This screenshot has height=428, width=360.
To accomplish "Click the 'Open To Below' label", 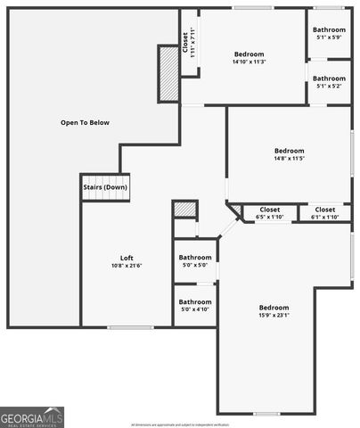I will (x=85, y=122).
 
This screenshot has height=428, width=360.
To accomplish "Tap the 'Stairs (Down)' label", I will (x=105, y=187).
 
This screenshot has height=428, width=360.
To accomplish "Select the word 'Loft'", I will (x=127, y=259).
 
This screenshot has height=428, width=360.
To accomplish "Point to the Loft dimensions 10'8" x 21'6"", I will (x=127, y=266).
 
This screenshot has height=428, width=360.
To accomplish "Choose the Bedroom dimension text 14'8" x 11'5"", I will (x=289, y=159).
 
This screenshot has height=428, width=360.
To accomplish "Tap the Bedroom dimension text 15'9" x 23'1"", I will (x=274, y=314).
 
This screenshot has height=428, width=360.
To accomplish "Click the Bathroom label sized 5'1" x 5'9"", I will (x=329, y=30).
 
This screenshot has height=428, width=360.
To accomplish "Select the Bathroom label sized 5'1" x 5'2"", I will (x=329, y=78).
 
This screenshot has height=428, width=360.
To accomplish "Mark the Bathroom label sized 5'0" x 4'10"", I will (x=194, y=302).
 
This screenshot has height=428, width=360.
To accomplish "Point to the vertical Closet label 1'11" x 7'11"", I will (x=189, y=42).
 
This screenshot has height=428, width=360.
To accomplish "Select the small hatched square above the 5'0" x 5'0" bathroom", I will (x=184, y=209).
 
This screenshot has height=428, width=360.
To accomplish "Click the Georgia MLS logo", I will (x=32, y=416).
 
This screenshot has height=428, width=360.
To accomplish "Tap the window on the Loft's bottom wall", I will (x=124, y=327).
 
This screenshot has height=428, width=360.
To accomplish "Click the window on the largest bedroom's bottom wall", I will (x=266, y=413).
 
